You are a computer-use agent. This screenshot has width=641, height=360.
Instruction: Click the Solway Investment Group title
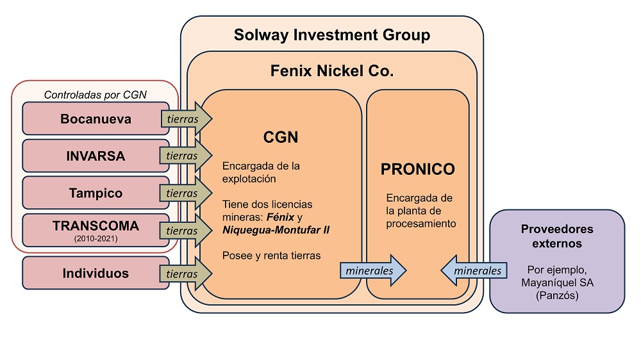331,35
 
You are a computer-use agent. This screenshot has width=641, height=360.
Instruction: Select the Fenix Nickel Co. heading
331,70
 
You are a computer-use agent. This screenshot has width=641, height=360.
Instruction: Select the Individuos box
96,273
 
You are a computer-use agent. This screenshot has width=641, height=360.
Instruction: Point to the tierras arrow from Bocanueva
183,119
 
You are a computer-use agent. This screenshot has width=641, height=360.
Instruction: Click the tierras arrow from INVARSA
183,156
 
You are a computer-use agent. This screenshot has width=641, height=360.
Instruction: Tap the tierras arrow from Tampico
183,192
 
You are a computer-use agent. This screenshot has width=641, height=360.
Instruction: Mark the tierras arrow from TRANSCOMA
183,229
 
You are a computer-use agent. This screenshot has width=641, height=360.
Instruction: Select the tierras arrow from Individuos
183,273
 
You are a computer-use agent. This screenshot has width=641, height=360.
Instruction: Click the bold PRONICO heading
417,169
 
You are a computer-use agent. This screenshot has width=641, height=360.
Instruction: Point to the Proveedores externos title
557,236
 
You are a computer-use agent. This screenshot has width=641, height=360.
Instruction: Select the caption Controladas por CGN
96,95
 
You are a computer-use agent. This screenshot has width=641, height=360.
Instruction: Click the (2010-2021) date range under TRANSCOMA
96,240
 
